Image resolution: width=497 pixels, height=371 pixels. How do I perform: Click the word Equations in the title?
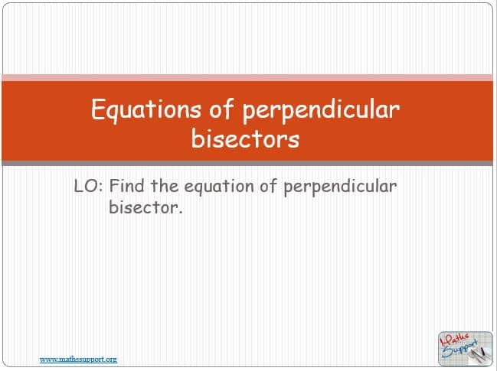pyautogui.click(x=146, y=110)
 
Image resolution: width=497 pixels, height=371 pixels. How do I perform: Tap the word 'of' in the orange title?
pyautogui.click(x=221, y=109)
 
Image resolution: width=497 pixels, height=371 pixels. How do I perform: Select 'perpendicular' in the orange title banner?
pyautogui.click(x=321, y=110)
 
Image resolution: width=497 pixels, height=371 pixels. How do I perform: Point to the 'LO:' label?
pyautogui.click(x=88, y=186)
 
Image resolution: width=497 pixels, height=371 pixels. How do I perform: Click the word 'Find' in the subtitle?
pyautogui.click(x=127, y=185)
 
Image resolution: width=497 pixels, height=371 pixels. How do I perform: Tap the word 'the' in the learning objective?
pyautogui.click(x=165, y=185)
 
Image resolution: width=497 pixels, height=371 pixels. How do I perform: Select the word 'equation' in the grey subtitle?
pyautogui.click(x=219, y=187)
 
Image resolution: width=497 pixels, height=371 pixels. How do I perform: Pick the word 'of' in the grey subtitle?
pyautogui.click(x=269, y=185)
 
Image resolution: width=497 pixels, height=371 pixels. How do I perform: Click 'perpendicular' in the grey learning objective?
pyautogui.click(x=340, y=187)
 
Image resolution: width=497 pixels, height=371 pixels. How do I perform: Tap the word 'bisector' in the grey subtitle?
pyautogui.click(x=143, y=207)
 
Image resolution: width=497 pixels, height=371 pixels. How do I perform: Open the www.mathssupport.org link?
pyautogui.click(x=78, y=360)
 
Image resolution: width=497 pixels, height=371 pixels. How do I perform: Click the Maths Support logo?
pyautogui.click(x=466, y=349)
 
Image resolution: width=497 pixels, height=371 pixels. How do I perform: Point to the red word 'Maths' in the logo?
pyautogui.click(x=454, y=340)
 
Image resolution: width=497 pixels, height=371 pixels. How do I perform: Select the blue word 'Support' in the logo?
pyautogui.click(x=460, y=350)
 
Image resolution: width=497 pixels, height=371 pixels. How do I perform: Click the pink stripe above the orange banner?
pyautogui.click(x=247, y=77)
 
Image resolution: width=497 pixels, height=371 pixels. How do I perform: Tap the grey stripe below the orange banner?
pyautogui.click(x=247, y=164)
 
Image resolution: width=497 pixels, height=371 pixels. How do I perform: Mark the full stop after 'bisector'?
pyautogui.click(x=181, y=213)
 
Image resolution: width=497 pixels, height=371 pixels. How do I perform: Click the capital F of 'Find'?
pyautogui.click(x=114, y=185)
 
